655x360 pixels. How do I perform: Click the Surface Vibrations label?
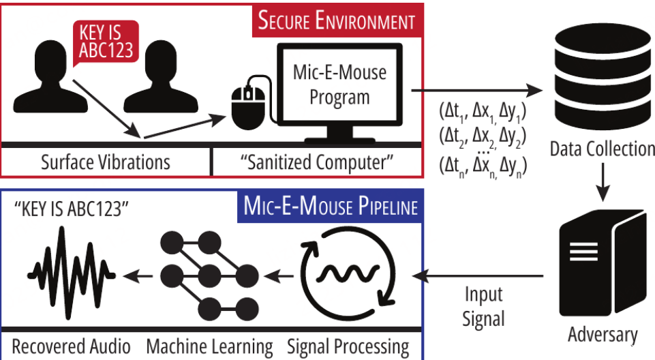pos(105,162)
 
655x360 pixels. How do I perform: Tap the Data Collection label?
pos(602,149)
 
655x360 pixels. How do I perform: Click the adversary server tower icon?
pos(594,266)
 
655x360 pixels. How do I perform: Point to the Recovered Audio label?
pos(72,346)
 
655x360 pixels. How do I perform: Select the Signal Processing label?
pos(348,346)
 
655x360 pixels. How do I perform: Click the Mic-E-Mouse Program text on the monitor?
pos(339,84)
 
